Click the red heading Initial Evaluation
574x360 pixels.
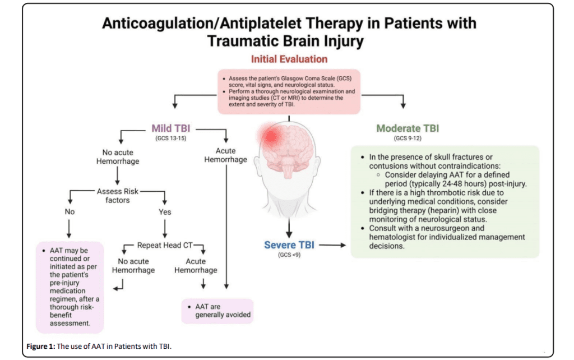(289, 59)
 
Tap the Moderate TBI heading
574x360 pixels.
(408, 128)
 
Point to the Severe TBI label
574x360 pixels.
(289, 245)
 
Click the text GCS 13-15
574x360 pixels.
(173, 137)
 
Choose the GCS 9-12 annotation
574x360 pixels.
(408, 137)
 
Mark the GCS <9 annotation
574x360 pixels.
(289, 255)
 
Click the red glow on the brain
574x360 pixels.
(271, 134)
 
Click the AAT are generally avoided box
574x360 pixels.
(216, 311)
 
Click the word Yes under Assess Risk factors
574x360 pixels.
(165, 212)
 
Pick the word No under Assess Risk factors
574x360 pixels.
(70, 212)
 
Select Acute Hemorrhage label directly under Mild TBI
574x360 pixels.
(225, 155)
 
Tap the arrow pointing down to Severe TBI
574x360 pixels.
(289, 227)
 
